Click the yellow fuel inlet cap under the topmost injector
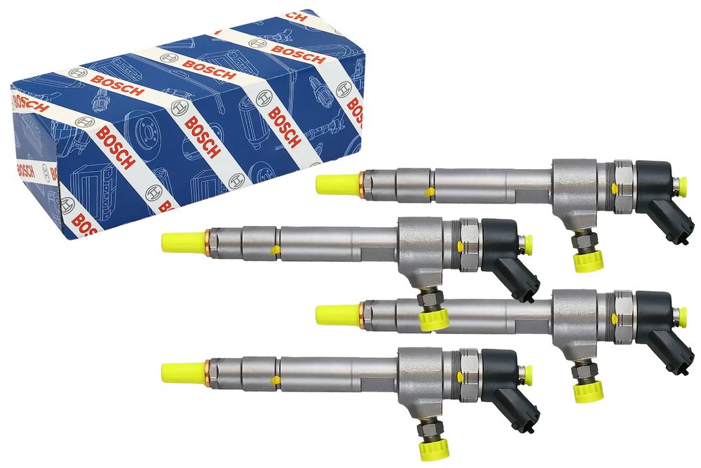click(x=588, y=260)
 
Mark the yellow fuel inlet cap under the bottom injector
click(x=434, y=450)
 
